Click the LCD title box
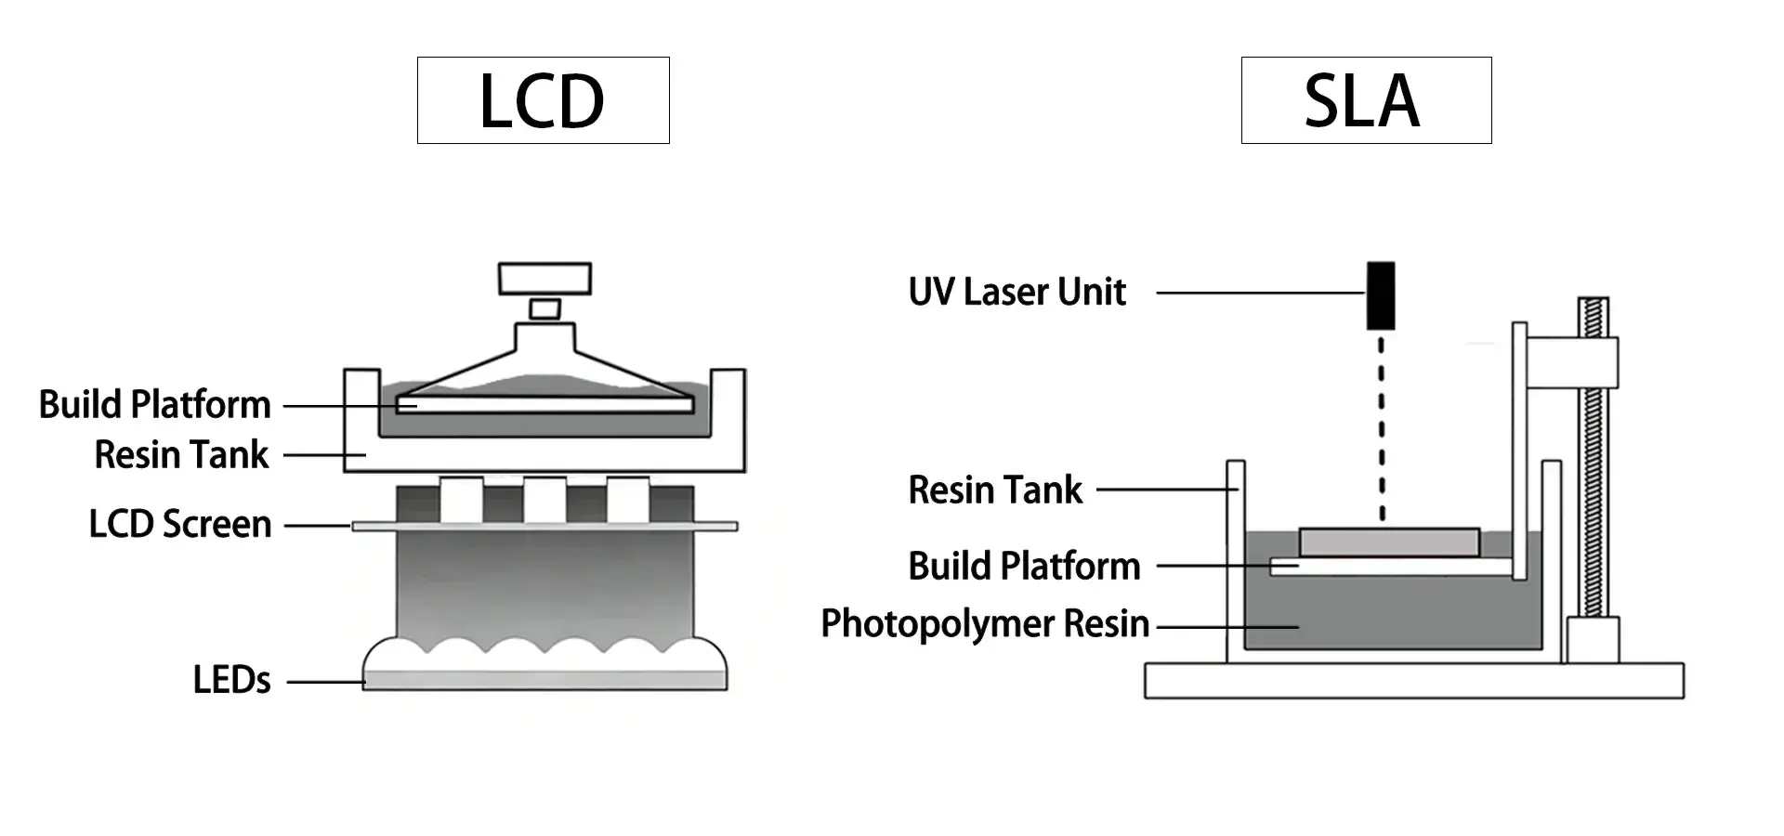click(x=543, y=100)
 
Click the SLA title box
click(x=1366, y=100)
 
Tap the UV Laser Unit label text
click(x=1017, y=293)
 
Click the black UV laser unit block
click(x=1381, y=295)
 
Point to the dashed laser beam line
click(x=1382, y=427)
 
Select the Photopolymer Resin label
click(x=985, y=624)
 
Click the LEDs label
click(x=231, y=681)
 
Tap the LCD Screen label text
click(x=180, y=525)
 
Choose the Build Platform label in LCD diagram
click(x=155, y=405)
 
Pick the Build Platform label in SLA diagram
click(x=1024, y=567)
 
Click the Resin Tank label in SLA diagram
click(x=995, y=490)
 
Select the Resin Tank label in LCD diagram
click(x=181, y=455)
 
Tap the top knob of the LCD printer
click(x=544, y=278)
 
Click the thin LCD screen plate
click(x=544, y=526)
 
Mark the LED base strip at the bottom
click(x=544, y=680)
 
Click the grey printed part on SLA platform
click(x=1388, y=542)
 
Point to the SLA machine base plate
click(x=1413, y=680)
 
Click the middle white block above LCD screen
click(x=544, y=500)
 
